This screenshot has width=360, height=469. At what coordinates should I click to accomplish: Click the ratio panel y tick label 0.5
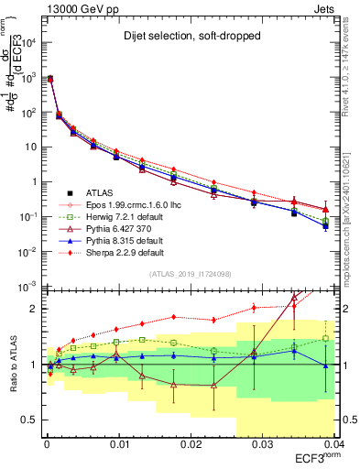tap(29, 420)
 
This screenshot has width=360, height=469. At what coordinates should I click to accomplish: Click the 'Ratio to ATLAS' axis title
tap(12, 366)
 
